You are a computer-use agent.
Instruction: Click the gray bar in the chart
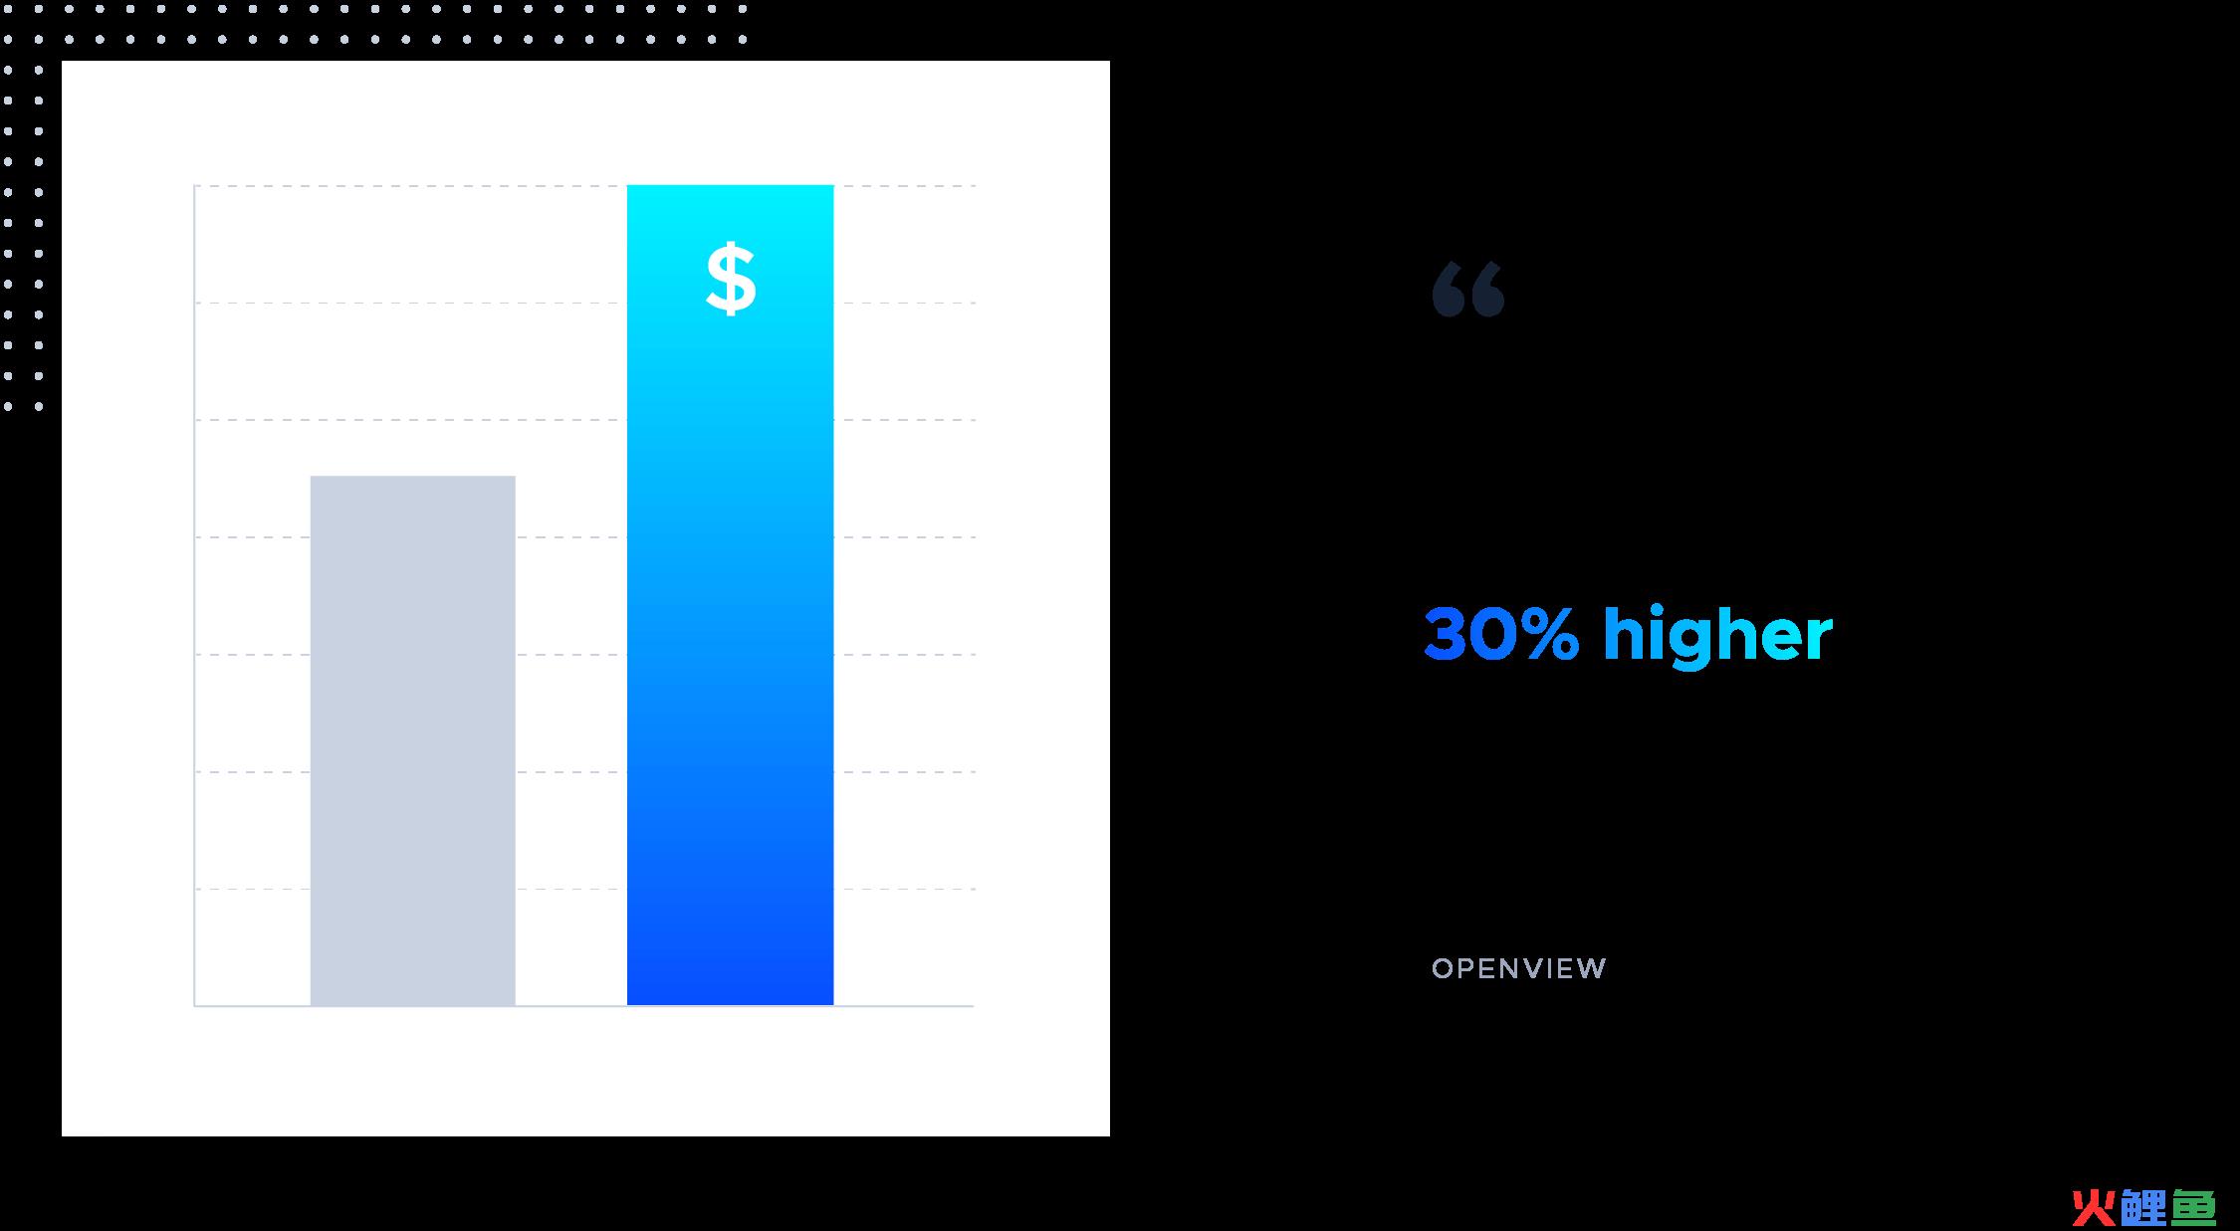click(x=413, y=740)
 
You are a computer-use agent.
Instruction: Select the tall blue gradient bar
click(x=730, y=595)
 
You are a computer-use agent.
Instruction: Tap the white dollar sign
click(x=731, y=280)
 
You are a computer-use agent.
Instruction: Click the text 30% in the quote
click(x=1501, y=634)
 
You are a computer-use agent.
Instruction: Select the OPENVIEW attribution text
click(x=1519, y=968)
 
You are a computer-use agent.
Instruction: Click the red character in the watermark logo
click(x=2094, y=1208)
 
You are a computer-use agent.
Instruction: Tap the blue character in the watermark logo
click(x=2143, y=1208)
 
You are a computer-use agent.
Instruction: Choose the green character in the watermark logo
click(x=2193, y=1208)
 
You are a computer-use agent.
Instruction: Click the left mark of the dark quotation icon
click(x=1449, y=291)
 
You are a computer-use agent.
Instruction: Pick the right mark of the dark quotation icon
click(x=1487, y=291)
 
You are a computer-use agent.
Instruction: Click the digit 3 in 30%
click(x=1446, y=634)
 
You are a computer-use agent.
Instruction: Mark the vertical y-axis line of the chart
click(x=195, y=595)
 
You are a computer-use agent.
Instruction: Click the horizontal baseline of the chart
click(x=583, y=1006)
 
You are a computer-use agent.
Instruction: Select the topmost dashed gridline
click(x=584, y=186)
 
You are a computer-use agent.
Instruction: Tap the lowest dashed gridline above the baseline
click(x=584, y=889)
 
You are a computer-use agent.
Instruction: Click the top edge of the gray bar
click(x=413, y=477)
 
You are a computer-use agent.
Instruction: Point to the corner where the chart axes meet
click(x=195, y=1006)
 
